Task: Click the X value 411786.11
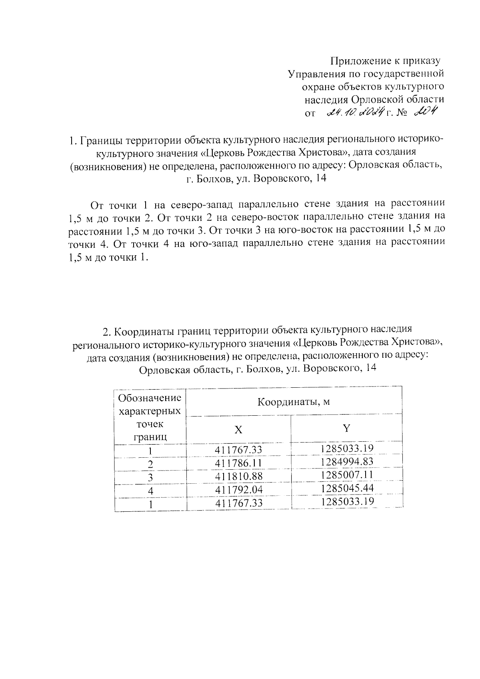coord(238,463)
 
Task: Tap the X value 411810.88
coord(238,476)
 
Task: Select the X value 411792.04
coord(238,489)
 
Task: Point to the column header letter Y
coord(346,428)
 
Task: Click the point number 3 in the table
coord(150,477)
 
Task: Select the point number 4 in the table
coord(150,491)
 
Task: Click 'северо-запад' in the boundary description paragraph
coord(199,204)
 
